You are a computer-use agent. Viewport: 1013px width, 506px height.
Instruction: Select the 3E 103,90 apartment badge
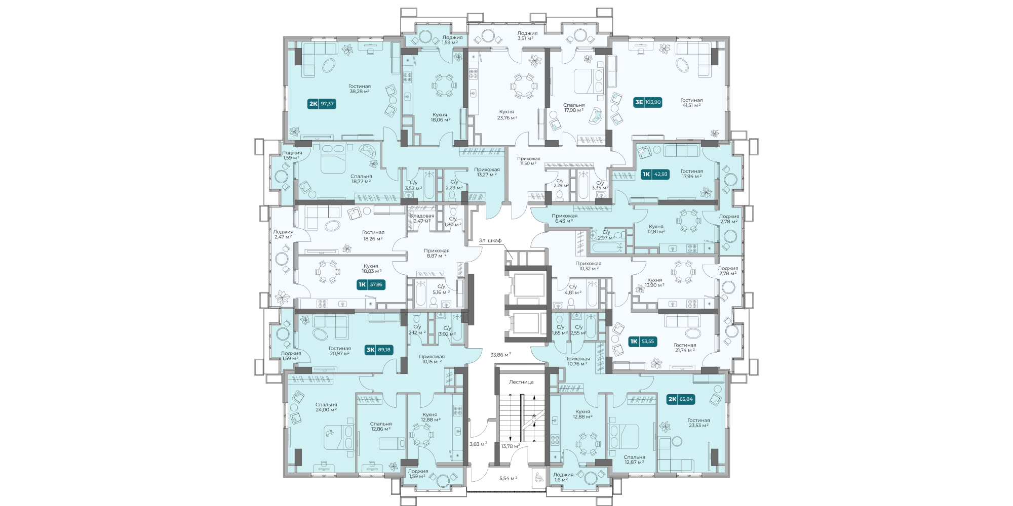(x=648, y=102)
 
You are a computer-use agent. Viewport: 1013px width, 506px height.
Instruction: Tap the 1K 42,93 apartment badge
(x=655, y=174)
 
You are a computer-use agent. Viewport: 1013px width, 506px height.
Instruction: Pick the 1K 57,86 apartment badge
(x=371, y=284)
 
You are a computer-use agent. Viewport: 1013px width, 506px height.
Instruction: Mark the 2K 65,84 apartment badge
(x=681, y=399)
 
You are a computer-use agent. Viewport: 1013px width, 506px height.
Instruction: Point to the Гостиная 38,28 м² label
(x=360, y=89)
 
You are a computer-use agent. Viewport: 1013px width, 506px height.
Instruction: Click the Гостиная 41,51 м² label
(x=691, y=103)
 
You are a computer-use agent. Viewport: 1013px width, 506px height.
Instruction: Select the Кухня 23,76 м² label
(x=506, y=115)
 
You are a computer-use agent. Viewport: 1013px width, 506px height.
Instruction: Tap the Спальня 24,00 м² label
(x=326, y=407)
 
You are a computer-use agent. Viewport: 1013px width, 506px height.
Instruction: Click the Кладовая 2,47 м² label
(x=422, y=218)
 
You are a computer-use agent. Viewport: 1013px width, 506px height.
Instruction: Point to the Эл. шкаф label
(x=490, y=240)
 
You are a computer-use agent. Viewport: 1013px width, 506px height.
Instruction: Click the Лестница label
(x=521, y=382)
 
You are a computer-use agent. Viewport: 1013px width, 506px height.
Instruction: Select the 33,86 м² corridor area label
(x=500, y=355)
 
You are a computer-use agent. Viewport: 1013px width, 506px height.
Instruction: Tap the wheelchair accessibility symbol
(x=538, y=478)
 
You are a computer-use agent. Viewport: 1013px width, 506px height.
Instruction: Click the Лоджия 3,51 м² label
(x=527, y=35)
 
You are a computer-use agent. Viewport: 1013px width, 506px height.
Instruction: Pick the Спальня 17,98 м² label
(x=574, y=108)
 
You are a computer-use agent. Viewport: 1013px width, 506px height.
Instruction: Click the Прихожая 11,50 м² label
(x=529, y=161)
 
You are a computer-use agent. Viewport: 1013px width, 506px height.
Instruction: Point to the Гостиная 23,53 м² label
(x=698, y=423)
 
